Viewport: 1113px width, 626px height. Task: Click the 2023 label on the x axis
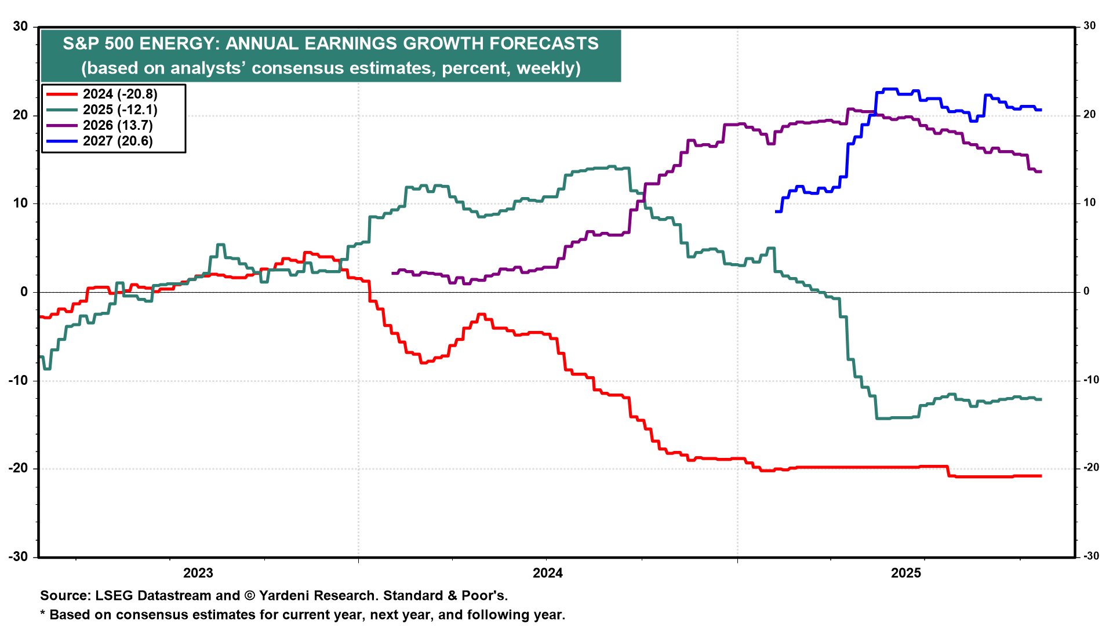(198, 573)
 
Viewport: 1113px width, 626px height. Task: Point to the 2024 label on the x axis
(548, 573)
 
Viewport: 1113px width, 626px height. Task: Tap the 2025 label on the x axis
(906, 573)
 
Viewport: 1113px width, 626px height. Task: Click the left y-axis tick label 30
(20, 27)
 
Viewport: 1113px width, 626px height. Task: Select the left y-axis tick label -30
(18, 556)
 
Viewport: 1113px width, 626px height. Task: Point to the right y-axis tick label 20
(1090, 115)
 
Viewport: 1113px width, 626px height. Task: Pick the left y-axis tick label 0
(24, 292)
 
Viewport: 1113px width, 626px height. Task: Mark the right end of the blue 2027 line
(1041, 110)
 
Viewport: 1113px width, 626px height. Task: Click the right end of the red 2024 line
(1041, 476)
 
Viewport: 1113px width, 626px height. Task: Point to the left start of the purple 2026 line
(393, 273)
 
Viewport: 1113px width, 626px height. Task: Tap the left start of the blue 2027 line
(776, 212)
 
